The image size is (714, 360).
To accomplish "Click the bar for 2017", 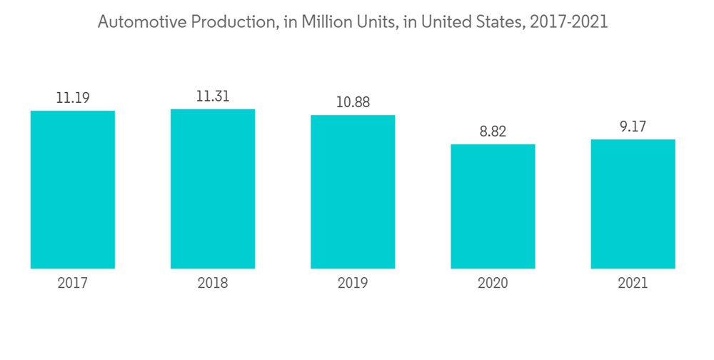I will [73, 189].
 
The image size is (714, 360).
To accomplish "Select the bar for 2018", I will [213, 189].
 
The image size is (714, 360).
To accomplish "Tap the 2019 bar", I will [353, 191].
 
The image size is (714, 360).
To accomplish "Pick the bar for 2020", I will [493, 206].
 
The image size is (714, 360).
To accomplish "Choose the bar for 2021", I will [633, 204].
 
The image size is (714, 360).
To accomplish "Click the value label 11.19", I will [73, 98].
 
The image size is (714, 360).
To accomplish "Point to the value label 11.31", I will [213, 96].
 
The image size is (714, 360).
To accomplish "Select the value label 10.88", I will [353, 102].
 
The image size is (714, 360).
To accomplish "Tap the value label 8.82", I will [493, 131].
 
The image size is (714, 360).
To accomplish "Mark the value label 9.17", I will [633, 126].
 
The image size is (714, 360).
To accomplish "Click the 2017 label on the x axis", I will [73, 284].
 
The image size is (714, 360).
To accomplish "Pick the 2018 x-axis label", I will [213, 284].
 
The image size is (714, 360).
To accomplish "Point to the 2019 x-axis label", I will [353, 284].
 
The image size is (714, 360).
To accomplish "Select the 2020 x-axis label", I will [493, 284].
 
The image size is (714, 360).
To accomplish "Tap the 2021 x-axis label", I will [633, 284].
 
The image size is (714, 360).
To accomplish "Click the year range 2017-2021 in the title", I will [569, 22].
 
